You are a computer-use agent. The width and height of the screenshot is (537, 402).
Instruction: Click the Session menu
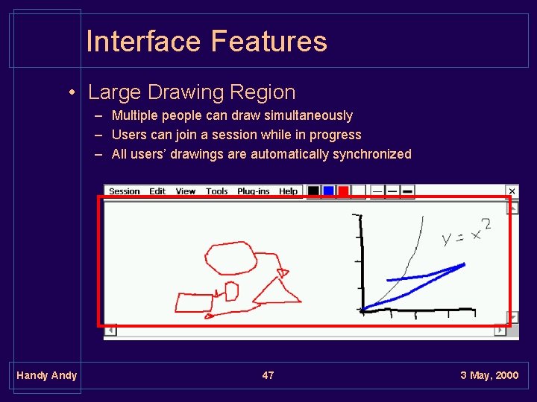124,191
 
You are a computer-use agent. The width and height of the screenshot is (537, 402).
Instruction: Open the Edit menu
157,191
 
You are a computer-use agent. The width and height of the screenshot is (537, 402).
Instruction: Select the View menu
186,191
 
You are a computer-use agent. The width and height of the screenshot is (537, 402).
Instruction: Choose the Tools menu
217,191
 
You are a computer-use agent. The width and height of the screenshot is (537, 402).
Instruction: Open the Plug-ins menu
254,191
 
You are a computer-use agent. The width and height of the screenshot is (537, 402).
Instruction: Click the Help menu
289,191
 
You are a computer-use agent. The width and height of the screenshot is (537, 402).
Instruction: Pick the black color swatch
314,191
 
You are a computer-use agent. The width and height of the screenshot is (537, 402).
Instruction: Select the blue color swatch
328,191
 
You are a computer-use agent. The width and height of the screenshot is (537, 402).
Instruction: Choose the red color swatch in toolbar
343,191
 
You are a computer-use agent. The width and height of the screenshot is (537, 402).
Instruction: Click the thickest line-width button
407,191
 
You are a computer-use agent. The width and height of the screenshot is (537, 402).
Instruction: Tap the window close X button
512,191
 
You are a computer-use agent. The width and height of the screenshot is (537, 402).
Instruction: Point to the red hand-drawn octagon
230,258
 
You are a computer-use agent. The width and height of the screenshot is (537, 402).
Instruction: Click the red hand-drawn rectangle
195,302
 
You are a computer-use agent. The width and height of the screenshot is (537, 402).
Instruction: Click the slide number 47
268,375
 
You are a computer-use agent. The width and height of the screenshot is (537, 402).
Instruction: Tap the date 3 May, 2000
489,375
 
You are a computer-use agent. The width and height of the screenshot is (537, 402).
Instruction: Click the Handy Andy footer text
47,375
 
